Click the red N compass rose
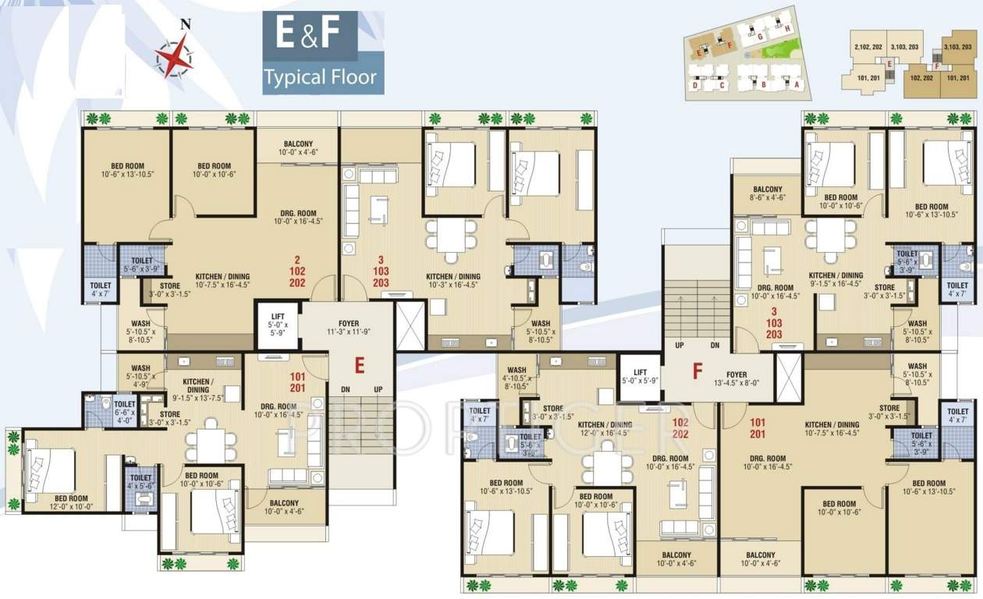click(x=174, y=56)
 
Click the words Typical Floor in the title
click(x=320, y=77)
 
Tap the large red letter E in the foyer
click(x=360, y=365)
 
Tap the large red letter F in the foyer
click(x=697, y=370)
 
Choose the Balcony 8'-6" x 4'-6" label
click(x=768, y=194)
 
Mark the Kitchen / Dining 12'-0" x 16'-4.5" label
click(x=604, y=428)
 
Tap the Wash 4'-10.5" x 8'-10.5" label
click(x=516, y=378)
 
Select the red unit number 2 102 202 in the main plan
click(x=296, y=272)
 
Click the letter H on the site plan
click(x=788, y=29)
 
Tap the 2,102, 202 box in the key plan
click(x=868, y=48)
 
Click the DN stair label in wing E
click(x=345, y=389)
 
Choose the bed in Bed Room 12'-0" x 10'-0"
click(x=51, y=471)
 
